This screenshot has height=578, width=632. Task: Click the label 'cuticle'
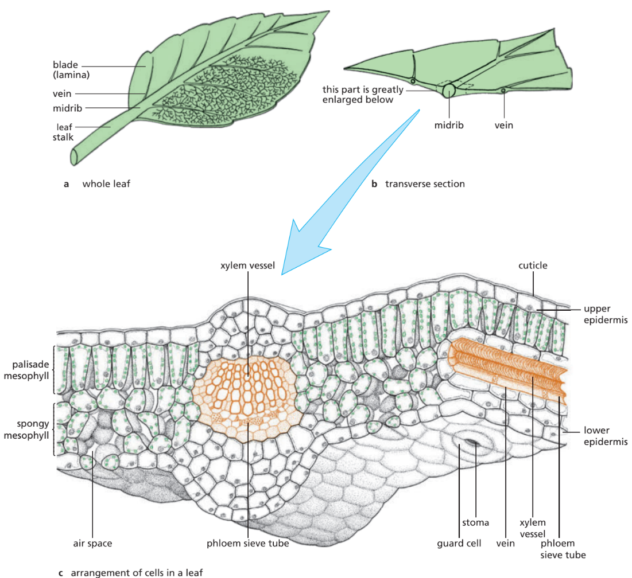(x=533, y=265)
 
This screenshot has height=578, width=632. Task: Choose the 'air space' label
(x=92, y=542)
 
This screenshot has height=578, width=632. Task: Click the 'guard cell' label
(x=458, y=542)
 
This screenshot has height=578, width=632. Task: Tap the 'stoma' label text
(x=475, y=522)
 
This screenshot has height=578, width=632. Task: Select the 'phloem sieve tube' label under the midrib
(x=248, y=542)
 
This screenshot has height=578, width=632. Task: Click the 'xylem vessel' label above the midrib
(x=248, y=266)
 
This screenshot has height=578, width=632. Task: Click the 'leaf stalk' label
(x=64, y=132)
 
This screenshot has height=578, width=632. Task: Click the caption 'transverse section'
(x=425, y=184)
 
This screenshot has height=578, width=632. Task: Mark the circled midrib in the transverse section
(x=448, y=90)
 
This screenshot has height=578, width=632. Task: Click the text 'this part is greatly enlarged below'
(x=363, y=95)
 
